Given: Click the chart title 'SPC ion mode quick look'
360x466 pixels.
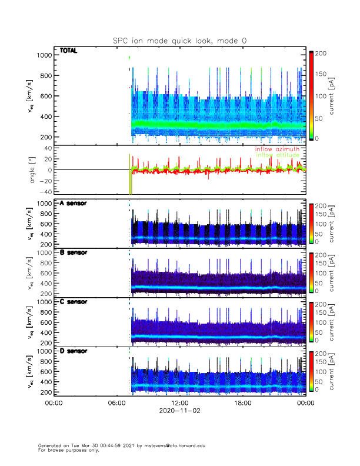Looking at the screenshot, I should tap(179, 40).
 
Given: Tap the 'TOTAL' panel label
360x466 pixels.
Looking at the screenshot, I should tap(69, 51).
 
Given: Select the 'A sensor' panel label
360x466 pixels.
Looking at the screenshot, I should tap(73, 204).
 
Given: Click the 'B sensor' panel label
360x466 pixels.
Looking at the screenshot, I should tap(73, 252).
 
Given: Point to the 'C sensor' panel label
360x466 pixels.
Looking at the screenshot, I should tap(73, 302).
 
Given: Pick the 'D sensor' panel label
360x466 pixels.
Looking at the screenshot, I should tap(73, 351).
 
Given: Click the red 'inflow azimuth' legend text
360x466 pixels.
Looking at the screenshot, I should tap(277, 149).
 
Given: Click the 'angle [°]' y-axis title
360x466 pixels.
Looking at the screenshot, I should tap(34, 170).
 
